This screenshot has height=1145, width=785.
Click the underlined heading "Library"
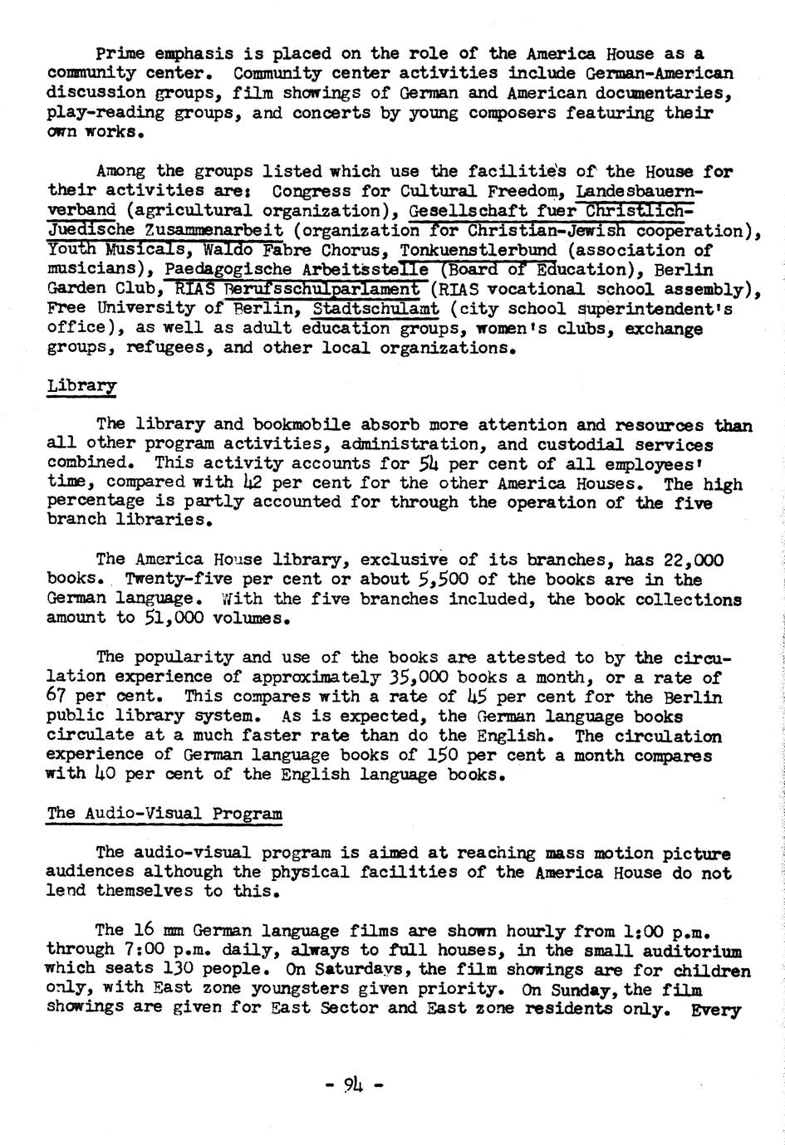click(x=81, y=386)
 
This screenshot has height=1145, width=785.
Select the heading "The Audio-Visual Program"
click(x=164, y=813)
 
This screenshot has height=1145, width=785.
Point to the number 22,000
click(x=694, y=560)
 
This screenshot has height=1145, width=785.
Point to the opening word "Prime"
click(x=120, y=53)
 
